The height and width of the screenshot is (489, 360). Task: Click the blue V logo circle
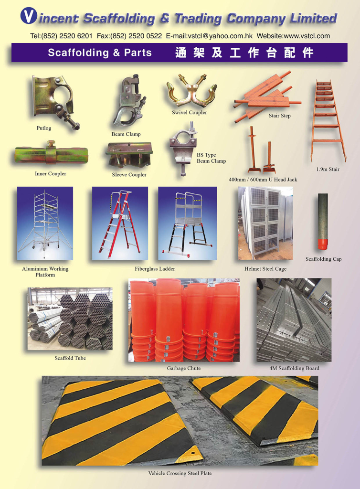29,16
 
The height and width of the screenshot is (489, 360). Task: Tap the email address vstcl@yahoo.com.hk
220,36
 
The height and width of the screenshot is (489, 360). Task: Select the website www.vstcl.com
307,36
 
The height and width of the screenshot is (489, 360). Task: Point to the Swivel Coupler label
189,113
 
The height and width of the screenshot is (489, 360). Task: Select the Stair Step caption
280,116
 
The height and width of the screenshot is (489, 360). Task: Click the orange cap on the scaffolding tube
323,244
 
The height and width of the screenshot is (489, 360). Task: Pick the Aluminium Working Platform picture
45,223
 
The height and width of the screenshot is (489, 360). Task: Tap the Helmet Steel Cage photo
265,223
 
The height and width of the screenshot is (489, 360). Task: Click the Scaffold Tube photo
70,319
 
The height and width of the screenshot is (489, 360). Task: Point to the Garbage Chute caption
184,368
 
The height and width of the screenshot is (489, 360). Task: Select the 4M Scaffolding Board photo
294,320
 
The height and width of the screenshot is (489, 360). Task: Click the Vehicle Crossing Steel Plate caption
180,473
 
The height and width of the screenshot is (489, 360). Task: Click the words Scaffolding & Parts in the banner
100,53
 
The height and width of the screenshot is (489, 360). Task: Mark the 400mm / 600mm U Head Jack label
263,180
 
